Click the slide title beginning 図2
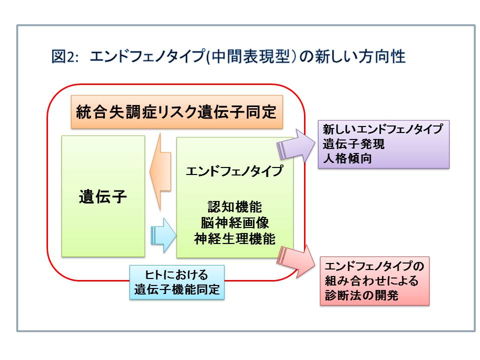tap(228, 56)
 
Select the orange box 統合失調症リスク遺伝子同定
tap(176, 111)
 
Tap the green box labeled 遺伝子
tap(103, 196)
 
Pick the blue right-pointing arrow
tap(163, 233)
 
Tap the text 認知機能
tap(234, 206)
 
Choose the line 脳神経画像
tap(234, 223)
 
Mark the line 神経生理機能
tap(234, 239)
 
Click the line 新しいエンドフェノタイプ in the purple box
tap(382, 129)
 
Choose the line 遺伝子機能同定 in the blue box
tap(177, 289)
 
